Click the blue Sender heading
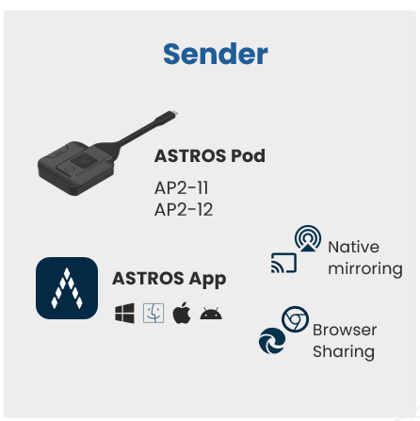tap(216, 54)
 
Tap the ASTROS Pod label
tap(210, 155)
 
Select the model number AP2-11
tap(182, 188)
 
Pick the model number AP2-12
tap(184, 209)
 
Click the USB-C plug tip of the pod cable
tap(173, 113)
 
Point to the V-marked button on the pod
tap(84, 160)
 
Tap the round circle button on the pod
tap(69, 170)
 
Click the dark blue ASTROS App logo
tap(67, 288)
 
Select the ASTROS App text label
tap(170, 279)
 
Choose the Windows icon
tap(124, 313)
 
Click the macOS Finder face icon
tap(153, 313)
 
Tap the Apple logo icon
tap(182, 313)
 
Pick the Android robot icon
tap(211, 314)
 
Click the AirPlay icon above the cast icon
tap(308, 238)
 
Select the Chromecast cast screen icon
tap(283, 263)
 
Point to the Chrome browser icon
tap(295, 319)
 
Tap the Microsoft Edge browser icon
tap(272, 341)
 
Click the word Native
tap(353, 247)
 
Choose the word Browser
tap(345, 330)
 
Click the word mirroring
tap(365, 269)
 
